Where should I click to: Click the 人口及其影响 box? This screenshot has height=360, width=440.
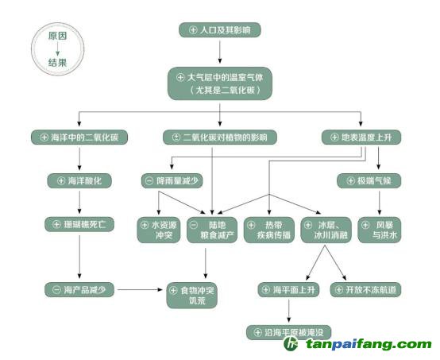coord(220,30)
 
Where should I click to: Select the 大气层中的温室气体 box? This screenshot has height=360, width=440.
coord(220,83)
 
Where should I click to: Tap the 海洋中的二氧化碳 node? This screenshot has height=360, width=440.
coord(79,137)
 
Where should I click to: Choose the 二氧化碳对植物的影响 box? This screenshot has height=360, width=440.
coord(220,137)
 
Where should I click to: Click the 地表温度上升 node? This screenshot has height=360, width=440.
coord(361,137)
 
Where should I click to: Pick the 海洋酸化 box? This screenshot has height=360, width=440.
coord(79,181)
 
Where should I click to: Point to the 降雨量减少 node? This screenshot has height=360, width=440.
coord(172,181)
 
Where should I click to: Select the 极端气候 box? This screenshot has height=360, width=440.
coord(369,181)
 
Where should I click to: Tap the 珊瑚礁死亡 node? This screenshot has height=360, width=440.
coord(79,224)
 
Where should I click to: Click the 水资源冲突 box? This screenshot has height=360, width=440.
coord(159,230)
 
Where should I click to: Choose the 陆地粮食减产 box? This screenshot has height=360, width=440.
coord(212,230)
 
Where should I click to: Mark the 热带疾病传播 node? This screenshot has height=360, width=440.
coord(268,230)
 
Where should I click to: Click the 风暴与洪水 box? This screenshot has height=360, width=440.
coord(380,230)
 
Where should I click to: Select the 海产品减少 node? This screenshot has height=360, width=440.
coord(79,289)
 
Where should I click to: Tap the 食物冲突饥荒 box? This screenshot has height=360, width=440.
coord(192,296)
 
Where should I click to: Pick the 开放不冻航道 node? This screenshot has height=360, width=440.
coord(365,289)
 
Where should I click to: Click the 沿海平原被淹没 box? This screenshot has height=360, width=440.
coord(289,332)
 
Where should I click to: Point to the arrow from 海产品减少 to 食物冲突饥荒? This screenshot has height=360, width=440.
coord(141,289)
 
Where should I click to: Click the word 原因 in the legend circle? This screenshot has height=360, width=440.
coord(57,36)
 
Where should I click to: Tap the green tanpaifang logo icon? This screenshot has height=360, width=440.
coord(291,343)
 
